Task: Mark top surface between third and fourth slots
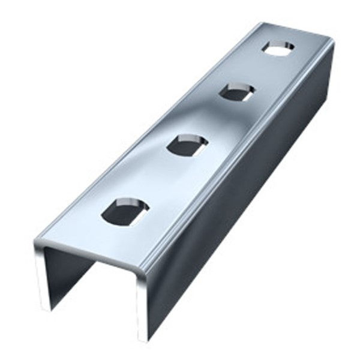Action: [x=258, y=70]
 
